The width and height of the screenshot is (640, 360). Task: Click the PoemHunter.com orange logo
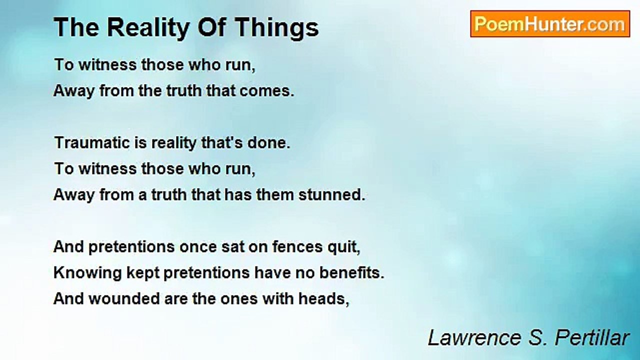[x=550, y=24]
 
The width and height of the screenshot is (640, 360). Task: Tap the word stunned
[x=331, y=194]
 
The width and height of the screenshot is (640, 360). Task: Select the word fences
[x=297, y=246]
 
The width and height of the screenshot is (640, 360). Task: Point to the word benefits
[x=351, y=272]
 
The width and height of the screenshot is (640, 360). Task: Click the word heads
[x=323, y=299]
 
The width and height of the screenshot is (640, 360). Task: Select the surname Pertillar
[x=592, y=337]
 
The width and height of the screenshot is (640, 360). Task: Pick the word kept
[x=143, y=273]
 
